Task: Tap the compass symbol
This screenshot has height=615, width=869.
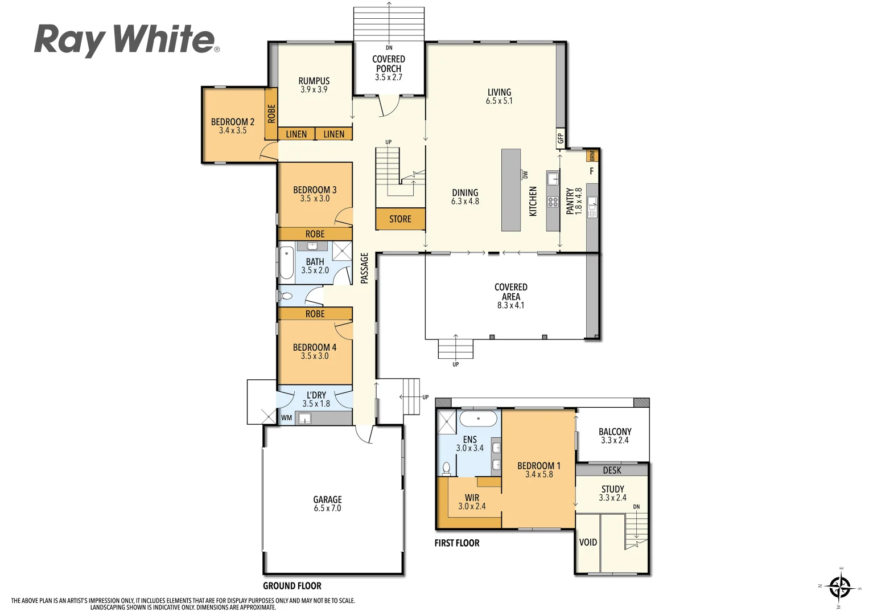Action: click(x=840, y=587)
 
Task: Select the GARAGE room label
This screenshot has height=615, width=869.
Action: click(x=327, y=499)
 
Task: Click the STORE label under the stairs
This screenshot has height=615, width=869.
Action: click(x=400, y=219)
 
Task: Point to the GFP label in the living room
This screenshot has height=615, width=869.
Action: click(x=561, y=138)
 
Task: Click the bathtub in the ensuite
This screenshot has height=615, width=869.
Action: click(x=478, y=419)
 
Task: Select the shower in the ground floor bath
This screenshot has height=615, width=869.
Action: click(x=342, y=251)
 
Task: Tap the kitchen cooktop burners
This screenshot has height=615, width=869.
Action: click(x=553, y=202)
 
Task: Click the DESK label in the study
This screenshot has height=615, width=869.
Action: click(x=612, y=470)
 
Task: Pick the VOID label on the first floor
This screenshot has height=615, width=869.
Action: click(x=588, y=542)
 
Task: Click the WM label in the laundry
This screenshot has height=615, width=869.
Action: click(x=286, y=418)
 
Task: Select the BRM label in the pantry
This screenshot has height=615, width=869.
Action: click(x=592, y=155)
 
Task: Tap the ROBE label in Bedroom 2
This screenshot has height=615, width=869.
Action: click(x=271, y=113)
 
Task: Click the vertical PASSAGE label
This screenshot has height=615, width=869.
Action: click(x=365, y=268)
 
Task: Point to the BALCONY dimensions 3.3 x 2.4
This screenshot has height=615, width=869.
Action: click(x=615, y=441)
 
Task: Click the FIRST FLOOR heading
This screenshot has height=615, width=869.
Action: click(x=457, y=543)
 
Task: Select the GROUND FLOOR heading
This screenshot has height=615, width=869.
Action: click(x=292, y=586)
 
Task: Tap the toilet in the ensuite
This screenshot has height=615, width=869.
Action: click(x=446, y=468)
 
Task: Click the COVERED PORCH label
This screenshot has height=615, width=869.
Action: click(x=389, y=64)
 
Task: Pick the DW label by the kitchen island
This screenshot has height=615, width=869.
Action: click(x=525, y=175)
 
